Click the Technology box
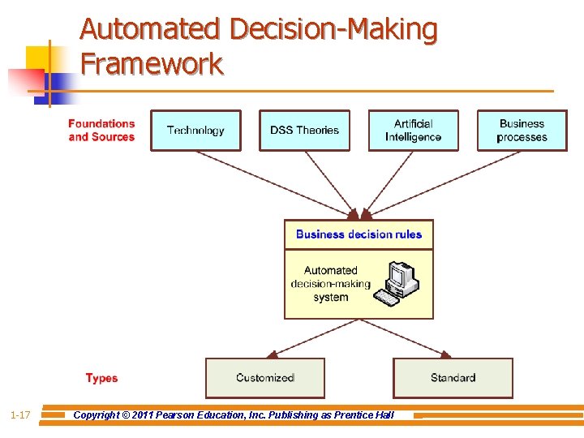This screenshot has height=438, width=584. pos(195,131)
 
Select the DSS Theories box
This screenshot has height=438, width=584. pos(304,131)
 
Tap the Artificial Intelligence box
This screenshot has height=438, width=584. pos(413,131)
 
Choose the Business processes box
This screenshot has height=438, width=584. pos(522,131)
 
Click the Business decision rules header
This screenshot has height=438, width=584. pos(359,234)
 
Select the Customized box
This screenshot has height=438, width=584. pos(264,378)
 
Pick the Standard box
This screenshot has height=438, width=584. pos(453,378)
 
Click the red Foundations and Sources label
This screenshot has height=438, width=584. pos(101,131)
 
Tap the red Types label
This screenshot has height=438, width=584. pos(101,379)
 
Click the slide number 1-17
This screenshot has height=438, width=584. pos(20,415)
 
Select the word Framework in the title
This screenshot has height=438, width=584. pos(152,63)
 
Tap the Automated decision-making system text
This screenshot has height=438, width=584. pos(330,284)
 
